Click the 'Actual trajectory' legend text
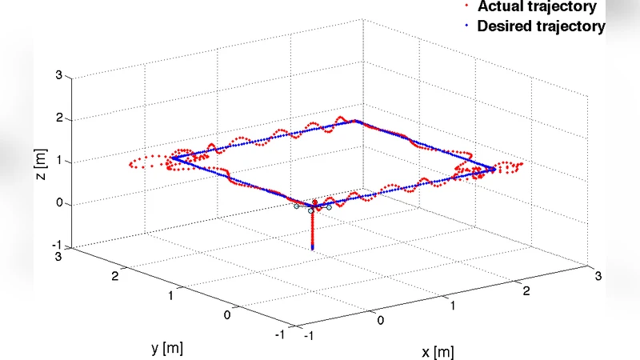click(537, 7)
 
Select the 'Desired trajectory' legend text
click(541, 26)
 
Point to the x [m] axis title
click(438, 351)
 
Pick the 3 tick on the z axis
click(58, 77)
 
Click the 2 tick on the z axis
click(58, 119)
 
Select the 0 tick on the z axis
click(58, 203)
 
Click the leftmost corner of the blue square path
click(170, 158)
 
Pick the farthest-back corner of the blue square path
click(356, 120)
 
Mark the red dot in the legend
click(466, 7)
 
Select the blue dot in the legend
click(466, 26)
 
